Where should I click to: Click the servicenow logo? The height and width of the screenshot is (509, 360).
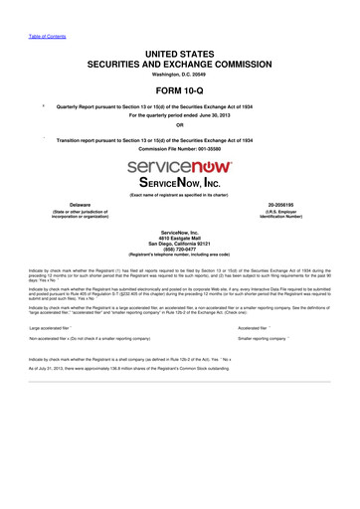pyautogui.click(x=180, y=164)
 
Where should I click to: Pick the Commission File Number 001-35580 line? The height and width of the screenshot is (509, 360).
pyautogui.click(x=180, y=149)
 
